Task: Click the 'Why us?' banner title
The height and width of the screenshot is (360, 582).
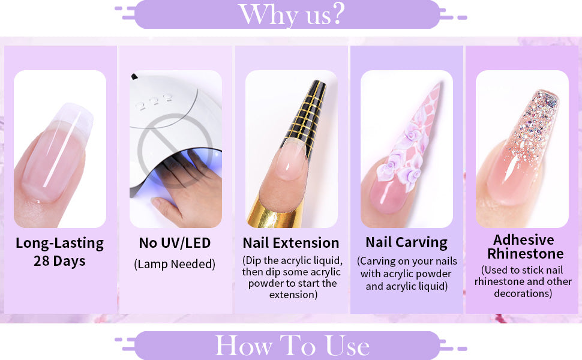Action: tap(292, 15)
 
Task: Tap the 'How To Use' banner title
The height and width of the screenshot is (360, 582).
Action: tap(292, 346)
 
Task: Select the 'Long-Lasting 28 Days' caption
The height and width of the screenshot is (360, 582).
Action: tap(60, 251)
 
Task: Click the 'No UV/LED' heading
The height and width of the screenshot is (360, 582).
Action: tap(175, 243)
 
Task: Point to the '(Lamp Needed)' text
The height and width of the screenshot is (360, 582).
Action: tap(175, 264)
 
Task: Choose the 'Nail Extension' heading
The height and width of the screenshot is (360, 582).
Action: tap(291, 243)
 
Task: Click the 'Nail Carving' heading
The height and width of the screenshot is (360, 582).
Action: tap(406, 242)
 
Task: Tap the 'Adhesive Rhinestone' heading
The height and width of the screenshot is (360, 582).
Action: tap(524, 247)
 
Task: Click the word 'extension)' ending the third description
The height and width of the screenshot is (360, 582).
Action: tap(293, 295)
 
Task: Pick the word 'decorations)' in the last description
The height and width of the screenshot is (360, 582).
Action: tap(523, 293)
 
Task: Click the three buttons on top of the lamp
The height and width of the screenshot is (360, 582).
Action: tap(154, 101)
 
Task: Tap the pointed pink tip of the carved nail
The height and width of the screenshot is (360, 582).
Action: tap(439, 86)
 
